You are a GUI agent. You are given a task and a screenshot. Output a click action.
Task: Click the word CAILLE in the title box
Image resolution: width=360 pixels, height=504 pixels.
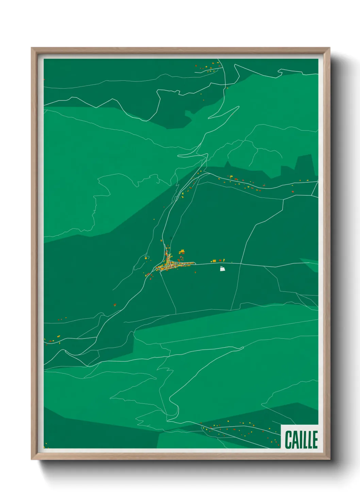[x=301, y=440]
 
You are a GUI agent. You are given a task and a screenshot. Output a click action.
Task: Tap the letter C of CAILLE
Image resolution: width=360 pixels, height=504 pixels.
[x=289, y=440]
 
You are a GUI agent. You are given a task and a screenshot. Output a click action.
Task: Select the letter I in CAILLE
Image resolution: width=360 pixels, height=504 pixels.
[x=300, y=440]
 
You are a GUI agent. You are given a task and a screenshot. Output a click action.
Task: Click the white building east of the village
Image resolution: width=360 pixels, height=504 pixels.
[x=222, y=269]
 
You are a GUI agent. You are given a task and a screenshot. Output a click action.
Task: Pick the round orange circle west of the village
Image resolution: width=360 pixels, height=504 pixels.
[x=146, y=258]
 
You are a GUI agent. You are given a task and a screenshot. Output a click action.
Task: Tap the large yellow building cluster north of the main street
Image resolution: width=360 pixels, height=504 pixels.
[x=182, y=252]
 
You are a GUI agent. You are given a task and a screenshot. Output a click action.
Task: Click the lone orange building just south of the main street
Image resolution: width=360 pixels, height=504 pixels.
[x=195, y=272]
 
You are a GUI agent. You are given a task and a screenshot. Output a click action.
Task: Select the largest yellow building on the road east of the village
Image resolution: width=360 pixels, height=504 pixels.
[x=214, y=261]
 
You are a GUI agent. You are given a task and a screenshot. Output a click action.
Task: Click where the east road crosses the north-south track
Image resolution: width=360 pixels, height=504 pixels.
[x=241, y=264]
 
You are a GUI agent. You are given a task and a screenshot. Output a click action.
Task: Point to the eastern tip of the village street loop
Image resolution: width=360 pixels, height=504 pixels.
[x=195, y=263]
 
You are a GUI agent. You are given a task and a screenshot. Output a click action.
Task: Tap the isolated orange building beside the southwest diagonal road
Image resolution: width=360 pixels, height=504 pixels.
[x=115, y=305]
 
